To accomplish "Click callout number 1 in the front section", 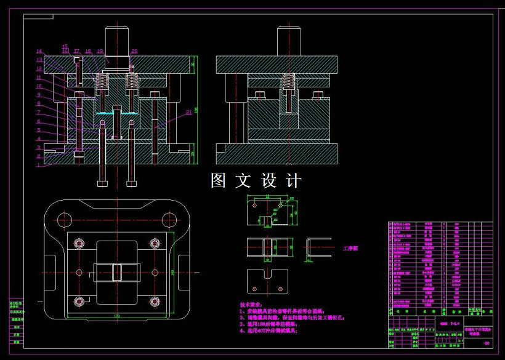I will [38, 165].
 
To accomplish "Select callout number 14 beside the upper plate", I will [38, 51].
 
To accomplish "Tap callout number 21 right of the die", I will [188, 111].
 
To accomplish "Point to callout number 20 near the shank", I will [134, 51].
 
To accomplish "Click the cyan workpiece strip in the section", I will [116, 114].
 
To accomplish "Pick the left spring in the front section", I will [103, 81].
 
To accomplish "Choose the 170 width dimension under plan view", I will [116, 316].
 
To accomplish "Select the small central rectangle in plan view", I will [116, 271].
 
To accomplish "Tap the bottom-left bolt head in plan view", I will [79, 301].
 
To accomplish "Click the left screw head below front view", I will [103, 183].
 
